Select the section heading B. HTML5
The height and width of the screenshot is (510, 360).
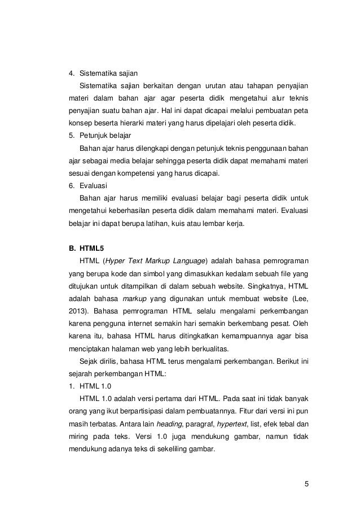pos(84,247)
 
